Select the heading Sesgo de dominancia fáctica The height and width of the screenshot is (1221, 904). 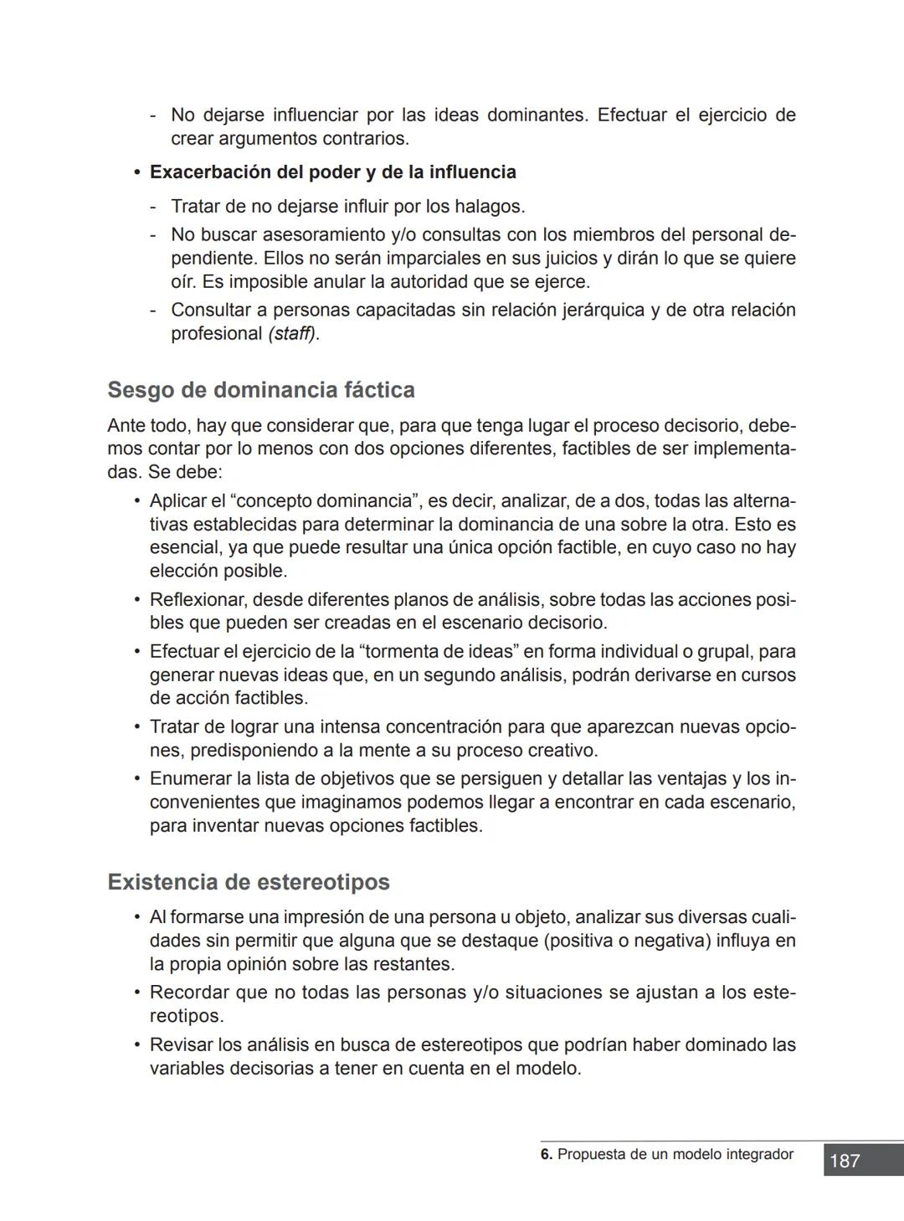261,390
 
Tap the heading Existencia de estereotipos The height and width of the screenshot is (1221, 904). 249,882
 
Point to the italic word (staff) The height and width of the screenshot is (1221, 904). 294,333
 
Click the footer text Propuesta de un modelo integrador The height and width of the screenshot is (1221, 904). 675,1154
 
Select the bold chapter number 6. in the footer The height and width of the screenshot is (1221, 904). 547,1154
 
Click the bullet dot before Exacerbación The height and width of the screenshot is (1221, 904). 136,172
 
